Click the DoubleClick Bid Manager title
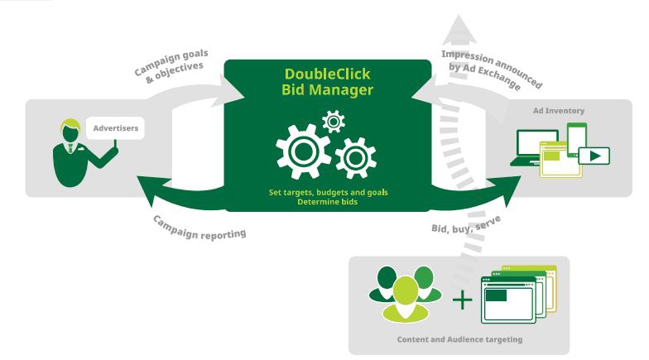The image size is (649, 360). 327,80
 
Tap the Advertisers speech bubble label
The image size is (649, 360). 115,128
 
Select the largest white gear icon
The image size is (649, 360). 302,151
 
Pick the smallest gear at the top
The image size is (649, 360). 333,122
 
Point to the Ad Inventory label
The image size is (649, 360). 559,110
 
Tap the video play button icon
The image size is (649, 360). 594,156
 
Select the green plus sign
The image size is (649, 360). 463,299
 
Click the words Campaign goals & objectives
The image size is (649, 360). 171,65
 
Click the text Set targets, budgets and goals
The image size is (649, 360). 328,192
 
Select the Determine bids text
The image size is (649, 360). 328,202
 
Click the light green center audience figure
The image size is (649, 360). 405,297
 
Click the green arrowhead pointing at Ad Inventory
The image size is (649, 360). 507,180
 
